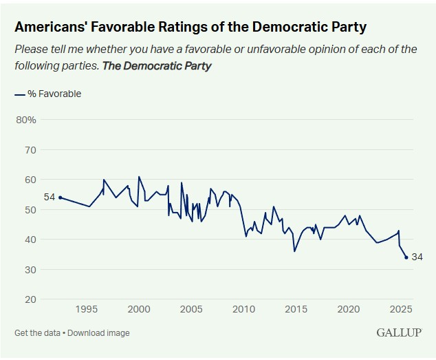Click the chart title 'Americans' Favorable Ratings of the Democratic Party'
(190, 28)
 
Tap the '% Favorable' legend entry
(54, 94)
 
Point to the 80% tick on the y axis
(25, 120)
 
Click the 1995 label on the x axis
(87, 308)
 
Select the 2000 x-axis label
(139, 308)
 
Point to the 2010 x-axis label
(243, 308)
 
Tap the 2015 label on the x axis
(296, 308)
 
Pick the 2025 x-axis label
(400, 308)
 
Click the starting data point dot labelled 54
(61, 198)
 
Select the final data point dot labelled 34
(406, 257)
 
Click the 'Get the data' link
(36, 333)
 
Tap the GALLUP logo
(399, 332)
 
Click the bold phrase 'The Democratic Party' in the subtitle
(157, 66)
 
